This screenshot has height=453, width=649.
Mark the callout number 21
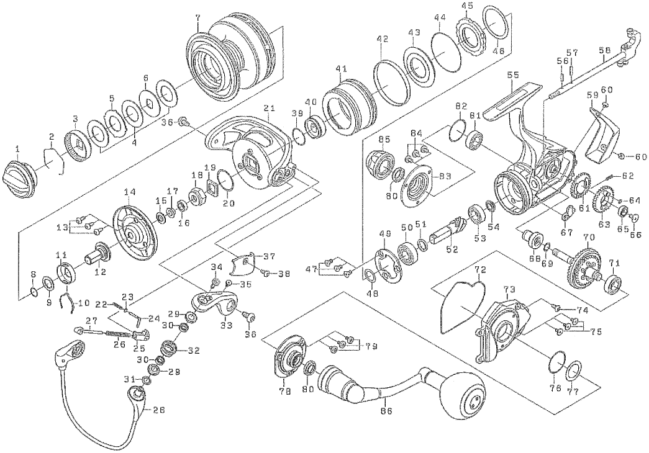click(268, 108)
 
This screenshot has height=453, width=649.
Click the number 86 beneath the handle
click(386, 410)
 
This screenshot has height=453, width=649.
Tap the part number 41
click(338, 68)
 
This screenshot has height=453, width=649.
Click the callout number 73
click(509, 289)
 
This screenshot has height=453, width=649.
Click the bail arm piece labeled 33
click(215, 305)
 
